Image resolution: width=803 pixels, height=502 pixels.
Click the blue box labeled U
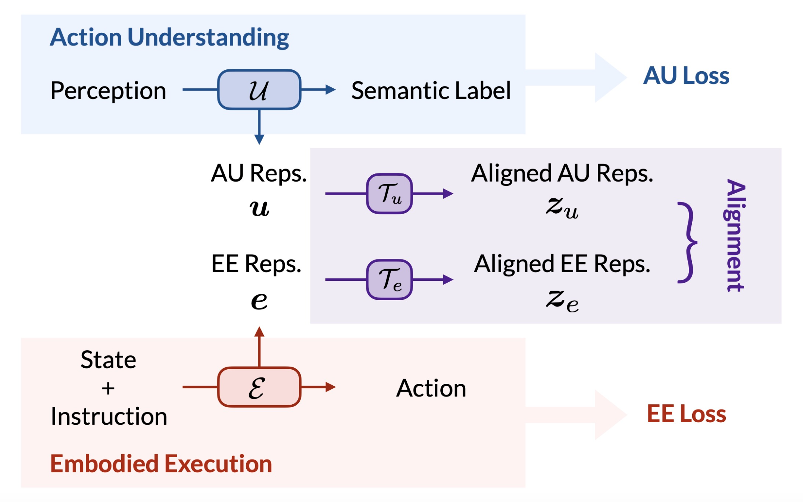[x=259, y=90]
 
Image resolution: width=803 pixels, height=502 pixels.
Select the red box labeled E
[x=259, y=387]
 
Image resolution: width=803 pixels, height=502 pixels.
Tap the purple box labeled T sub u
[x=389, y=194]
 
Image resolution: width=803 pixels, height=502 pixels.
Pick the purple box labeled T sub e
[x=389, y=280]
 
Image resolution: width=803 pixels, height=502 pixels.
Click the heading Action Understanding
[x=169, y=37]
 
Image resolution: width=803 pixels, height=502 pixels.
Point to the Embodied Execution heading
[x=161, y=464]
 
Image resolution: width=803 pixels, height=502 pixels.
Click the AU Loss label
[x=686, y=76]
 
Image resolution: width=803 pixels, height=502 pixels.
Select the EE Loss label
[x=686, y=414]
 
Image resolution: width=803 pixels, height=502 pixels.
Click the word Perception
[x=108, y=91]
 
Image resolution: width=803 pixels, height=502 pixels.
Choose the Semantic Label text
[x=431, y=91]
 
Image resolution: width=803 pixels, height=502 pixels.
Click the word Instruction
[x=109, y=417]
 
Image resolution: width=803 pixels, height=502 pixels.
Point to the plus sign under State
[x=108, y=389]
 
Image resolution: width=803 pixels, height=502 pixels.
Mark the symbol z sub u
[x=562, y=208]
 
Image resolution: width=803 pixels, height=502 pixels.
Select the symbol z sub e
[x=562, y=301]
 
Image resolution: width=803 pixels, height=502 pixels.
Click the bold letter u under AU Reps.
[x=259, y=208]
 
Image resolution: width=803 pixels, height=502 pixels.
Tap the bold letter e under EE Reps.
[x=259, y=301]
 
